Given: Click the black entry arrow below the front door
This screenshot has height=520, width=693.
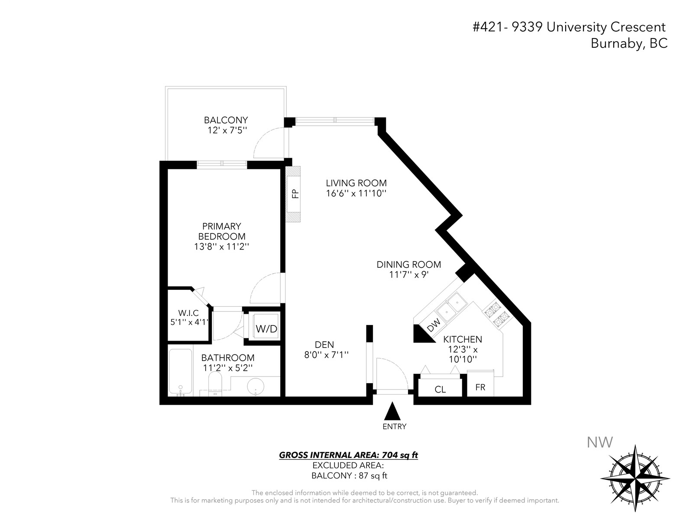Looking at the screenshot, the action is (392, 411).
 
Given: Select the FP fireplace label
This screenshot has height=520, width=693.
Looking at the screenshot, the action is (295, 194).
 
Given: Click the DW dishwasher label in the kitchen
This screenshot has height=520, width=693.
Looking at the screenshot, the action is (434, 325).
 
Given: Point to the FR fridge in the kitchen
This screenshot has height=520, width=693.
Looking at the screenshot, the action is (480, 383).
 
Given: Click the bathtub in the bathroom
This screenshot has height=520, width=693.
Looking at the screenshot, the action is (180, 371).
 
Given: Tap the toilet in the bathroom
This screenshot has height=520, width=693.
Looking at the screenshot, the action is (215, 383).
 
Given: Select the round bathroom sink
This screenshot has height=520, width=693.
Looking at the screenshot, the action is (256, 387).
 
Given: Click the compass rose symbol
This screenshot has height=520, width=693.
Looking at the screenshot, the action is (635, 478).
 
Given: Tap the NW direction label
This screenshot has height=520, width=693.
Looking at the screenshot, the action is (599, 442).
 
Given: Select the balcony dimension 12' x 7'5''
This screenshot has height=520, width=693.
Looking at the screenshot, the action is (227, 130).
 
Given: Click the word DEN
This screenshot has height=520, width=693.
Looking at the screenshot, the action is (324, 344).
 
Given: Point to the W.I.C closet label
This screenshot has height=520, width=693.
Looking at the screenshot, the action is (188, 313).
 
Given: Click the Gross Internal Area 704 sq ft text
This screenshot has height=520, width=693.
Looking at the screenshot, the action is (348, 455).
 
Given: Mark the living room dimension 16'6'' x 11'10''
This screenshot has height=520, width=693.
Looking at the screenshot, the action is (356, 193).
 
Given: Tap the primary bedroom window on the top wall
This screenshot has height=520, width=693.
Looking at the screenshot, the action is (222, 163).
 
